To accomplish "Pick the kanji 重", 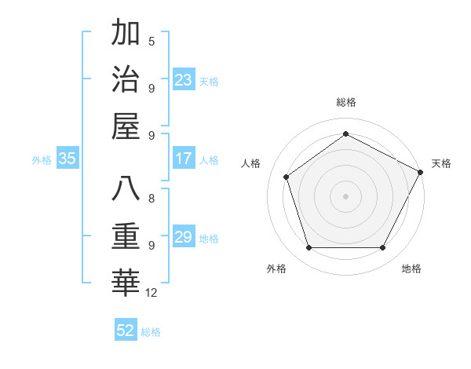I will (x=126, y=236).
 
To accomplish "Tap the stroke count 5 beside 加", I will (x=152, y=41).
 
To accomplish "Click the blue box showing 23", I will (x=184, y=80).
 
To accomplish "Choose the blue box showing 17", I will (x=184, y=159).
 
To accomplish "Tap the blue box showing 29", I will (x=184, y=237).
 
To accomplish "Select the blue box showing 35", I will (x=68, y=159).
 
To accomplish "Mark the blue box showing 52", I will (x=126, y=331).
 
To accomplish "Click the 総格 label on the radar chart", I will (x=345, y=102).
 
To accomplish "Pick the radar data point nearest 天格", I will (x=421, y=172).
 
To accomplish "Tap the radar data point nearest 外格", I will (x=309, y=248).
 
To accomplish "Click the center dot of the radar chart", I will (x=345, y=195).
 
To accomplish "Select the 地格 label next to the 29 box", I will (x=209, y=238).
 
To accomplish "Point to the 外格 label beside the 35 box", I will (x=42, y=160).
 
